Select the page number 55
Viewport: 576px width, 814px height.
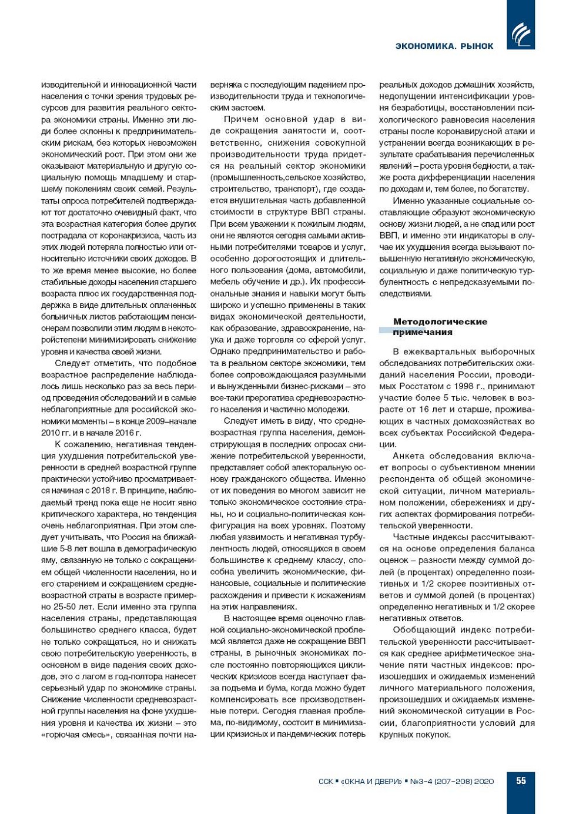(521, 780)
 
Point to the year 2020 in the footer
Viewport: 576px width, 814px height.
(484, 781)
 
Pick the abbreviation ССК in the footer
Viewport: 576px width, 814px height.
(326, 781)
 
